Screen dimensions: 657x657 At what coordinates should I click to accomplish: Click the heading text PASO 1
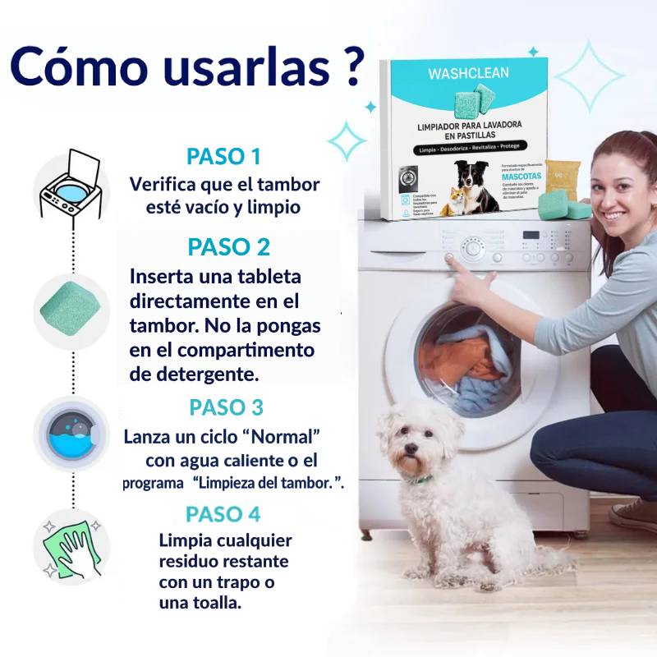pyautogui.click(x=223, y=156)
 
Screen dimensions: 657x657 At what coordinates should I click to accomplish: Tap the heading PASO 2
pyautogui.click(x=228, y=246)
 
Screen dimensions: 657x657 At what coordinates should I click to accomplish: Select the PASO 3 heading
pyautogui.click(x=226, y=407)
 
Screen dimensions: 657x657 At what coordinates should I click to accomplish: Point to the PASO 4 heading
pyautogui.click(x=223, y=514)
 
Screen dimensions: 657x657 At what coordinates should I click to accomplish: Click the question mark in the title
pyautogui.click(x=349, y=67)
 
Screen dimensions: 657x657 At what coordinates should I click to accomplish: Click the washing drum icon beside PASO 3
pyautogui.click(x=71, y=435)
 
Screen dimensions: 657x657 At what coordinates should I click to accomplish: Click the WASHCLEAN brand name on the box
pyautogui.click(x=468, y=73)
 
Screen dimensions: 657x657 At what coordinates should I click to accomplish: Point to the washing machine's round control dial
pyautogui.click(x=471, y=249)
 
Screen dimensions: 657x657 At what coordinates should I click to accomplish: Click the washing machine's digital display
pyautogui.click(x=531, y=235)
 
